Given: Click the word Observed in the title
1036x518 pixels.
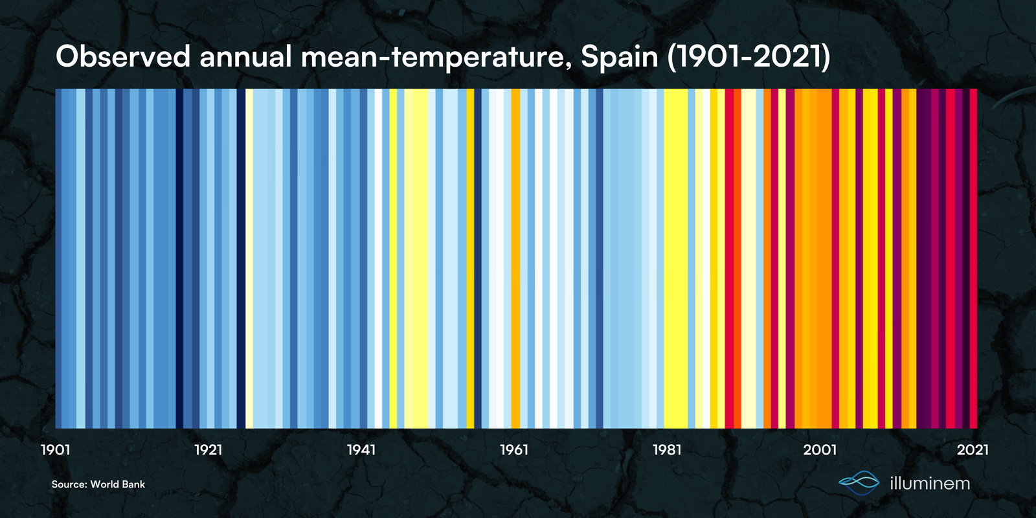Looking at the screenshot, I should [x=122, y=58].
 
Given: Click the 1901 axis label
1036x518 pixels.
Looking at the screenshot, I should [x=56, y=450].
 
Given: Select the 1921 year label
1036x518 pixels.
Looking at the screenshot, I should [x=208, y=450].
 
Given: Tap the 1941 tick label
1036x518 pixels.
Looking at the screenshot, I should [x=361, y=450].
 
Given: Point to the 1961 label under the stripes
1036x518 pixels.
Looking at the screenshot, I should [x=514, y=450].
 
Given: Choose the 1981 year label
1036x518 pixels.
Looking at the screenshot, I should [x=667, y=450].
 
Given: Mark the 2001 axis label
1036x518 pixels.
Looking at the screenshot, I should [x=820, y=450].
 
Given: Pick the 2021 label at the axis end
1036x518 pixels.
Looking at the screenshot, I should [x=973, y=450].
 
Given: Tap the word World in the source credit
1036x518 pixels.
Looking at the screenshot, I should [x=105, y=484].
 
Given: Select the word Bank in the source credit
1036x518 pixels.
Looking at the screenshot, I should [x=133, y=484].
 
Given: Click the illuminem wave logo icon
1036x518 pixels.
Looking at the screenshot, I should [x=859, y=482].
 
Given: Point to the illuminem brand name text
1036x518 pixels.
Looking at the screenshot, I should [x=930, y=483].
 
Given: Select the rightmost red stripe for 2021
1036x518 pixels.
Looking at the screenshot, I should [x=973, y=259].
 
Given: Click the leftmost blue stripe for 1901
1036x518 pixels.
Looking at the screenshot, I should [x=58, y=259].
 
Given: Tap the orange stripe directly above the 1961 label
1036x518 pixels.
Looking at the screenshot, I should [x=515, y=259].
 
